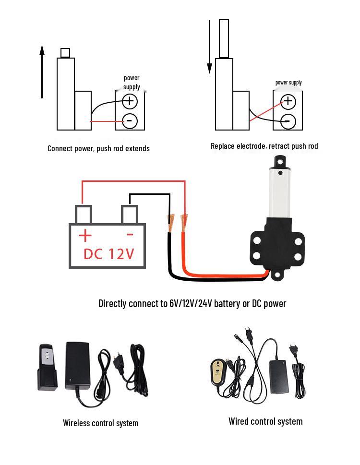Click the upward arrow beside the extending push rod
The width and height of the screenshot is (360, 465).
pyautogui.click(x=42, y=72)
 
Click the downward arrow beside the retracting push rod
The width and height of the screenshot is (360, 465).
pyautogui.click(x=209, y=47)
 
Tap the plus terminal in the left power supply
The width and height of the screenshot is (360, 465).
pyautogui.click(x=130, y=101)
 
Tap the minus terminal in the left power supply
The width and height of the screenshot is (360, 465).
pyautogui.click(x=130, y=121)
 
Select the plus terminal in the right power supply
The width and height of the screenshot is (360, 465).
pyautogui.click(x=288, y=102)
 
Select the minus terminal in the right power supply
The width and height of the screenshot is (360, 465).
pyautogui.click(x=288, y=121)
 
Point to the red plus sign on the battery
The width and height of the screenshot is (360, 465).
pyautogui.click(x=85, y=236)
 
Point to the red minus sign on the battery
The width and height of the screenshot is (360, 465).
pyautogui.click(x=130, y=235)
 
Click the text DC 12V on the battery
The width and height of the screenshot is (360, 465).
pyautogui.click(x=108, y=254)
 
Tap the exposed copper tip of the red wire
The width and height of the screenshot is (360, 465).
pyautogui.click(x=183, y=223)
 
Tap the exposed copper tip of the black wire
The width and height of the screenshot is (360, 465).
pyautogui.click(x=170, y=223)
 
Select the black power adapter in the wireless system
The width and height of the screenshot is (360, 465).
pyautogui.click(x=78, y=366)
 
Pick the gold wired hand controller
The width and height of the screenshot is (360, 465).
pyautogui.click(x=218, y=371)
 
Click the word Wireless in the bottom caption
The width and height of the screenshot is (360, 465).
pyautogui.click(x=74, y=423)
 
